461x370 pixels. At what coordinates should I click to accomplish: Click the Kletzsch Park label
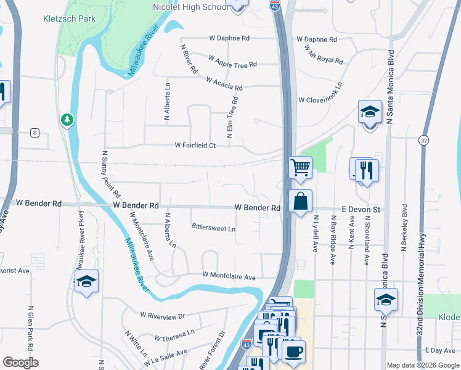[x=69, y=18]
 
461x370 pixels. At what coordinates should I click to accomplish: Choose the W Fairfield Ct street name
[x=195, y=146]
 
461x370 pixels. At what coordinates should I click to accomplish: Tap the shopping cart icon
[x=300, y=166]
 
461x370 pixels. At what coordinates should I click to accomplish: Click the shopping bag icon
[x=300, y=202]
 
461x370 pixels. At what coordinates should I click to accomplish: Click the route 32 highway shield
[x=423, y=141]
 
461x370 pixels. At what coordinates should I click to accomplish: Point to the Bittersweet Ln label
[x=213, y=228]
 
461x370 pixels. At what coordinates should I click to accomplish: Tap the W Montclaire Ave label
[x=229, y=277]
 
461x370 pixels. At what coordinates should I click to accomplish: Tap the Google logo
[x=20, y=363]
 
